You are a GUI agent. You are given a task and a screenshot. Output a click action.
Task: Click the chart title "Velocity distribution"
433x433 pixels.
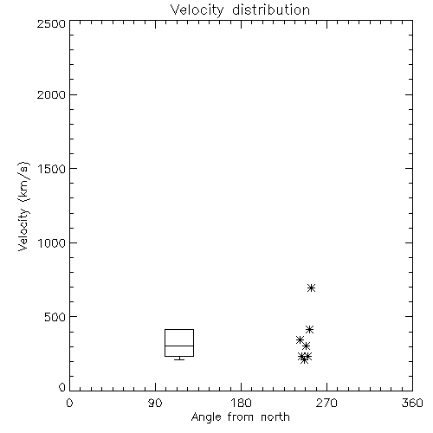(x=240, y=10)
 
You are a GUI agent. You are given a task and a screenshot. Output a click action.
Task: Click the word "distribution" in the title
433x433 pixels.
(x=271, y=10)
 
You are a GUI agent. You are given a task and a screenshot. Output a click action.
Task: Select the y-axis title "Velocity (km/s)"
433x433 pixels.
(x=23, y=206)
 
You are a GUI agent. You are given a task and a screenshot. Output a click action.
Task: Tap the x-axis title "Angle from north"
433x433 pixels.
(x=240, y=417)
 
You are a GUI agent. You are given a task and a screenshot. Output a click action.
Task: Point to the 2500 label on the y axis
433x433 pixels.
(x=51, y=23)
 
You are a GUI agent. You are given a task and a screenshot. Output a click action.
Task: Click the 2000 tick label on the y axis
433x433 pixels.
(x=51, y=94)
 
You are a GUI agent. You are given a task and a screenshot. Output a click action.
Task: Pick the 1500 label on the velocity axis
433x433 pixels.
(x=51, y=169)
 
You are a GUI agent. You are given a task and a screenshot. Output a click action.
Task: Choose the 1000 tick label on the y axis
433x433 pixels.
(x=51, y=242)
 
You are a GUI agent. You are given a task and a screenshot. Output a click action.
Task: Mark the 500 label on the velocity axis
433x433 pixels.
(x=55, y=317)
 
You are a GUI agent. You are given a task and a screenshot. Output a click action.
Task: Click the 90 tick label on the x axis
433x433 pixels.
(x=155, y=403)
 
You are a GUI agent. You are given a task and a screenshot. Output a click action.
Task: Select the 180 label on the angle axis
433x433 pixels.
(x=241, y=403)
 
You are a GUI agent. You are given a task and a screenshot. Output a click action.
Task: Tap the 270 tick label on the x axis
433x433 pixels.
(x=326, y=403)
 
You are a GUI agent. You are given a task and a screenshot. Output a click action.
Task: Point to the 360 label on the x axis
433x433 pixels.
(x=412, y=403)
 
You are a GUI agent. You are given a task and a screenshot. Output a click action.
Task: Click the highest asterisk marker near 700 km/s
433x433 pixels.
(x=311, y=288)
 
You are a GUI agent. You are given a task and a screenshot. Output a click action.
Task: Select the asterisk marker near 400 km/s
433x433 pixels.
(x=309, y=329)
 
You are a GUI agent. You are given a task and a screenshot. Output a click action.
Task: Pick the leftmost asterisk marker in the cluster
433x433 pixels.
(x=300, y=339)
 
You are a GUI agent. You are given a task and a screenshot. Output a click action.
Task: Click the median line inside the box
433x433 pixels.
(x=179, y=346)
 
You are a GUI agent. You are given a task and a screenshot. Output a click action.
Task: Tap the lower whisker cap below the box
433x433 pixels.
(x=179, y=359)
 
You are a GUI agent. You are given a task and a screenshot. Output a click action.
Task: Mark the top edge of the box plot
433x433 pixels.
(x=179, y=329)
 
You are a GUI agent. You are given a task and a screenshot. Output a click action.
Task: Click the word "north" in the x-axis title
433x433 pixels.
(x=275, y=417)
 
